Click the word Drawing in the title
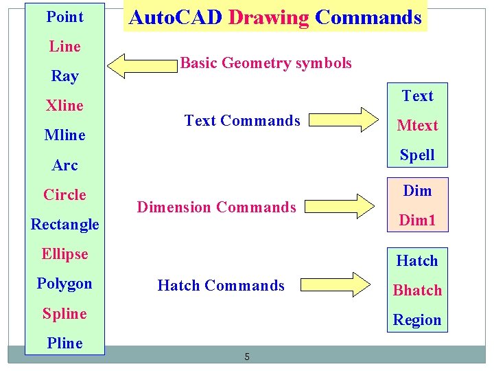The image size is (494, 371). [x=268, y=17]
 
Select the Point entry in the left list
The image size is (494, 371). [x=64, y=16]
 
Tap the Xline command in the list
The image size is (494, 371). [x=64, y=105]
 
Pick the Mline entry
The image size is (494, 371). [x=64, y=135]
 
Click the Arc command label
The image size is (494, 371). [x=64, y=165]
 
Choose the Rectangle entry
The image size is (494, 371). [x=64, y=224]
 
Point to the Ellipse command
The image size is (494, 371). [x=64, y=254]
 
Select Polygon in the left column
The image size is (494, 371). [x=64, y=283]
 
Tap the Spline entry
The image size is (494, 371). [x=64, y=313]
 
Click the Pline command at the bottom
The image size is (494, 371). [x=64, y=343]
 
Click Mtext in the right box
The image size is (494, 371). [x=417, y=125]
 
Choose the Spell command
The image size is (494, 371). [x=417, y=155]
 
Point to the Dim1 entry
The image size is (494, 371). [x=417, y=221]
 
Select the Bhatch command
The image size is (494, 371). [x=417, y=290]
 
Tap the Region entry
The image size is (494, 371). [x=417, y=319]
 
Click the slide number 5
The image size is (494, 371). [x=247, y=357]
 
